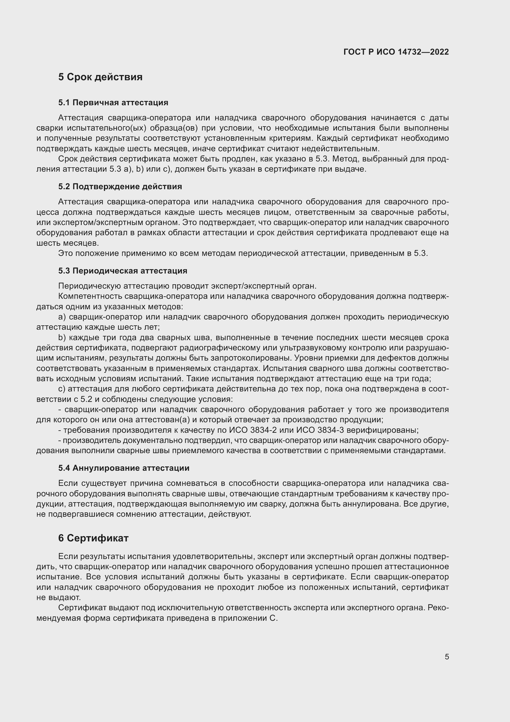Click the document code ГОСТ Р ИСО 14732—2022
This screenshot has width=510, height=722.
click(396, 52)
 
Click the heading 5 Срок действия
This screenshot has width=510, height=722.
click(100, 77)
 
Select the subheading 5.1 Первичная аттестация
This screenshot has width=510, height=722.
click(113, 102)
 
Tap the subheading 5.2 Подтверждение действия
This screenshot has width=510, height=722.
click(120, 186)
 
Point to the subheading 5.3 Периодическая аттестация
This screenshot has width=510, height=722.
click(122, 271)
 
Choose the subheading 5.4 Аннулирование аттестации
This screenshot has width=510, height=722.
click(124, 468)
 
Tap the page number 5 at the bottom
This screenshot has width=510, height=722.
click(447, 657)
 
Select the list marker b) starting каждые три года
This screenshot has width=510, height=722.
click(62, 337)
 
